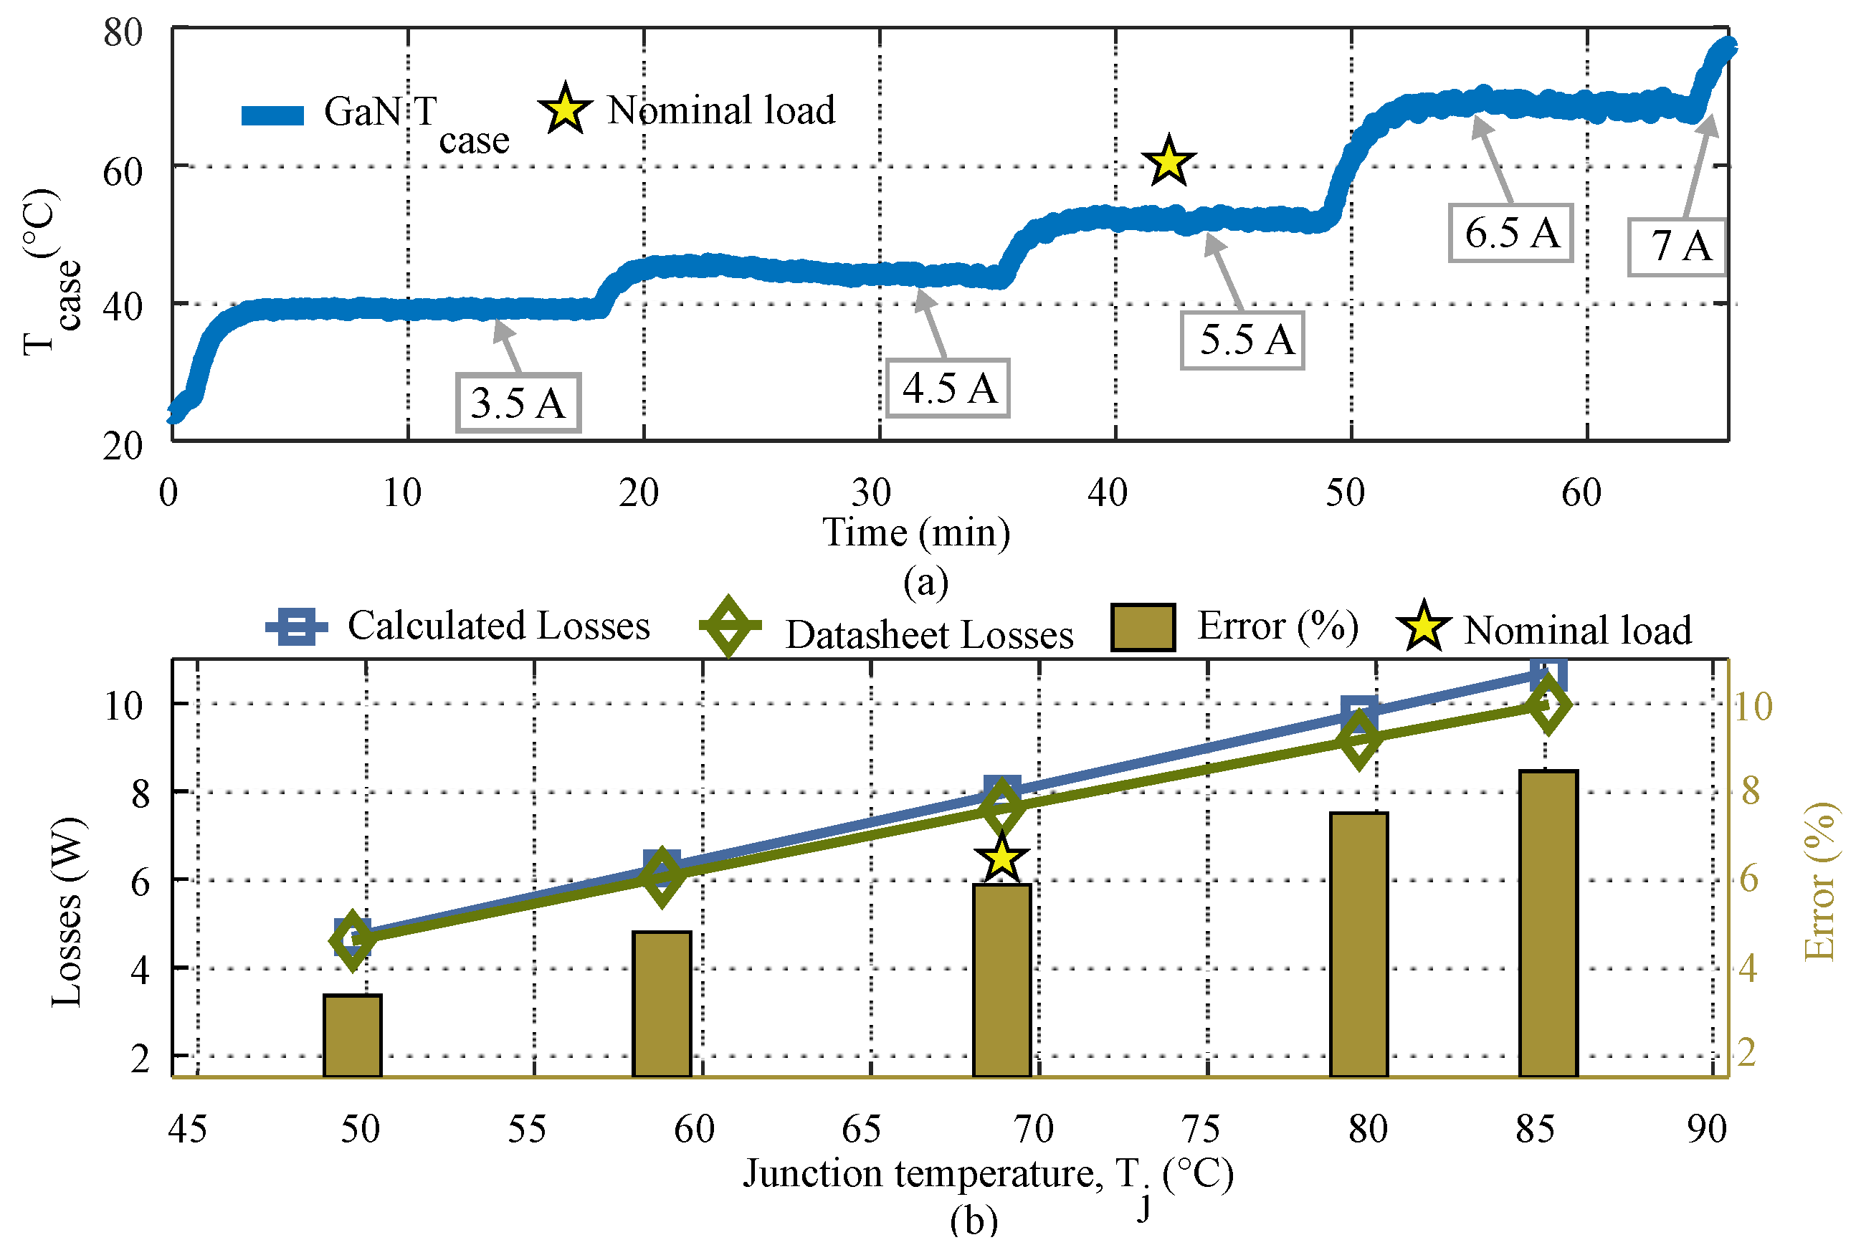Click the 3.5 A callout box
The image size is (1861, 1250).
(518, 403)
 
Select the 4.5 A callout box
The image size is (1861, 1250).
(948, 388)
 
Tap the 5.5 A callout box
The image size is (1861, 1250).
(1243, 340)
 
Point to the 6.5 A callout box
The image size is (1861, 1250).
(1511, 234)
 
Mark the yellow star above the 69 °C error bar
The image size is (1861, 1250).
(1001, 859)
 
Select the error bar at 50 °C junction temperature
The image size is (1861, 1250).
(353, 1036)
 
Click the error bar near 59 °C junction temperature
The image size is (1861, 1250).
(662, 1003)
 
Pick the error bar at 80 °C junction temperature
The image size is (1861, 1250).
(1359, 945)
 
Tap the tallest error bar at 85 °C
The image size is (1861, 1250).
(1548, 923)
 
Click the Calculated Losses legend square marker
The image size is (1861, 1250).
(297, 626)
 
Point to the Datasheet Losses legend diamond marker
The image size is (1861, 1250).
(729, 626)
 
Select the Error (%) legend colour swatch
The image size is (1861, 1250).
(1143, 627)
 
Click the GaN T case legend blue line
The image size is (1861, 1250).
(272, 115)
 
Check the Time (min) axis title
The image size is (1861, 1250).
(917, 533)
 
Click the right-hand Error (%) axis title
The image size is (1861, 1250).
(1821, 881)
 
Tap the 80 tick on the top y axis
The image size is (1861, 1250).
(123, 34)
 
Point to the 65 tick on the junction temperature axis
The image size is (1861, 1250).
(862, 1130)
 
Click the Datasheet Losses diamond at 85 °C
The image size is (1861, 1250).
(1548, 705)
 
